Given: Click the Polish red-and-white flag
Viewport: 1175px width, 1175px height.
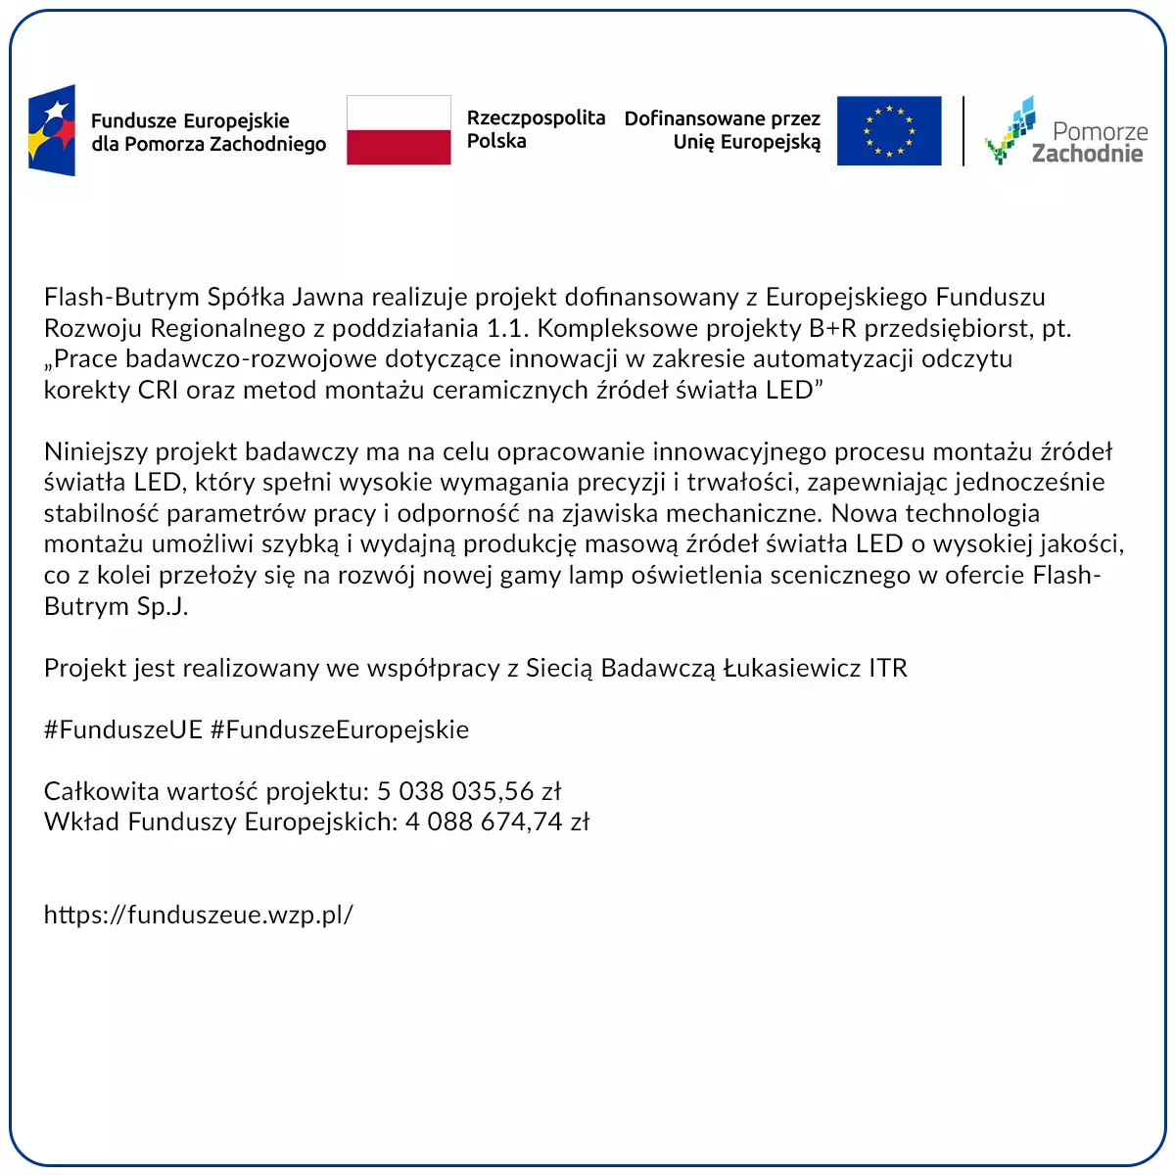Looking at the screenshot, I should [x=399, y=130].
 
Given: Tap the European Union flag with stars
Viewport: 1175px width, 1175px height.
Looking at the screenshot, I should [x=888, y=130].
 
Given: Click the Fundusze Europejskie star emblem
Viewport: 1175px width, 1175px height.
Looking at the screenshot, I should [x=52, y=130].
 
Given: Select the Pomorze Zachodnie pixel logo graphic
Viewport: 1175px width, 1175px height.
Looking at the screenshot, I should [x=1010, y=129].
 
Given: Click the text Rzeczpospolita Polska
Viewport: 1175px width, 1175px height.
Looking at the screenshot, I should [x=535, y=129].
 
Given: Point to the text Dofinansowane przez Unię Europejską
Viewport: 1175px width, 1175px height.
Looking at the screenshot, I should [x=723, y=130].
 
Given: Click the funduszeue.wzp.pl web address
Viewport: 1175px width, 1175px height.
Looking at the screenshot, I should [x=198, y=915].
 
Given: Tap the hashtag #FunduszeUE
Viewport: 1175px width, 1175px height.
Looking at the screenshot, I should [x=122, y=729].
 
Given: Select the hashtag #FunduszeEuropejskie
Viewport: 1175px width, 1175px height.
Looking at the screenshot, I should [x=340, y=729].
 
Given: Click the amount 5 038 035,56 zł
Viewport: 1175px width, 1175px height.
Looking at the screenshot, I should [x=469, y=791].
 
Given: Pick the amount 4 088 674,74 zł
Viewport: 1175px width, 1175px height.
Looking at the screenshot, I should [x=497, y=822].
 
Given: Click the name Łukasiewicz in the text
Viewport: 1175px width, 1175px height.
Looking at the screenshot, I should [x=791, y=668].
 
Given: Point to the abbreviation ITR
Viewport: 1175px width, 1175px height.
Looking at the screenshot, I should [x=888, y=668].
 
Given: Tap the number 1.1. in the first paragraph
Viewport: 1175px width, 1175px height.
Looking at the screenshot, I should [x=507, y=328].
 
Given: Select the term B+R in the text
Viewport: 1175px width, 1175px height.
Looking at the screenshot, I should [x=832, y=328].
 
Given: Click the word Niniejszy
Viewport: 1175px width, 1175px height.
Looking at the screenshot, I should [x=96, y=451].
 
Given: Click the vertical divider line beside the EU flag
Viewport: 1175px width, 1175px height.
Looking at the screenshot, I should [x=963, y=130].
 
